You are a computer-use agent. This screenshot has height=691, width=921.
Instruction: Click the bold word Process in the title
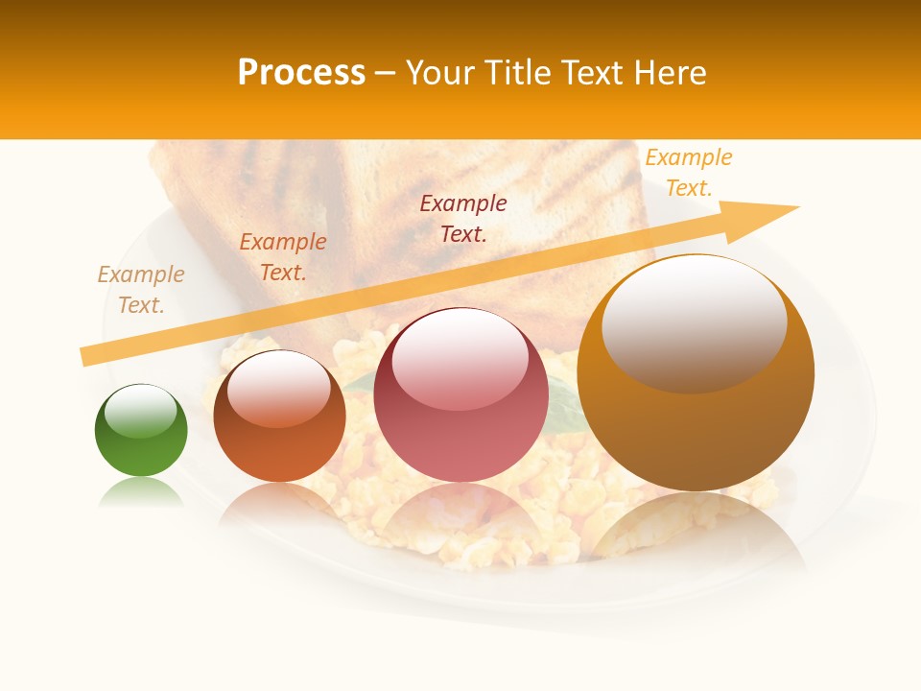click(301, 73)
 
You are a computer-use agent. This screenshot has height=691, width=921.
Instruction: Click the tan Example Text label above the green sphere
click(141, 289)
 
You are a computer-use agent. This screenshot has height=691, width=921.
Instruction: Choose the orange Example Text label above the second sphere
click(283, 256)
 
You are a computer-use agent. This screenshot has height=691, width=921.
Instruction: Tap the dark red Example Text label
click(463, 218)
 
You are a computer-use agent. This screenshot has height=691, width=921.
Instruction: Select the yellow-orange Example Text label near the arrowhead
click(689, 172)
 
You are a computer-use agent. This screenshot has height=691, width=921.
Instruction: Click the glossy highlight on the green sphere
click(141, 411)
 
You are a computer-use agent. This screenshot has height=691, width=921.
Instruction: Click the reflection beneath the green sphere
click(141, 492)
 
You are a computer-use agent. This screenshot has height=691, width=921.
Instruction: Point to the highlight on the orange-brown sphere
click(279, 389)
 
